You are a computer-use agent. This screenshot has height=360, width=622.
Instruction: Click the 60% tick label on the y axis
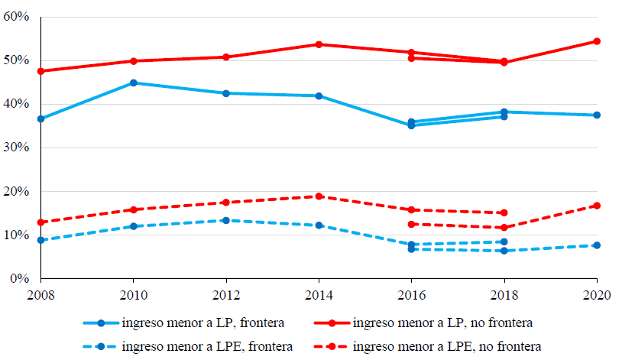click(16, 16)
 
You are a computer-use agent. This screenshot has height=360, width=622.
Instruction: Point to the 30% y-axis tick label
click(16, 148)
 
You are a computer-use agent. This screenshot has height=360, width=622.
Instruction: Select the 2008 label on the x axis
click(40, 294)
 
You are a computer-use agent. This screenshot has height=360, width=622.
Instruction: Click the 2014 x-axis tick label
click(319, 294)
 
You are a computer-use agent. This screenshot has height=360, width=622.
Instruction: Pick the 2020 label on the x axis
click(597, 294)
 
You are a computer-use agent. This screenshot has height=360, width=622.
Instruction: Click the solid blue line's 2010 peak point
click(134, 83)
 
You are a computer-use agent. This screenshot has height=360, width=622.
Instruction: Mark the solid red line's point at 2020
click(597, 41)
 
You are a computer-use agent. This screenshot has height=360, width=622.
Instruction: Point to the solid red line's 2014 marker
click(319, 44)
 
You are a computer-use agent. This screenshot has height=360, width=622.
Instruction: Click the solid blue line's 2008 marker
click(41, 119)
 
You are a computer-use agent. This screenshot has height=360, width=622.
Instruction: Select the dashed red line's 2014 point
click(319, 196)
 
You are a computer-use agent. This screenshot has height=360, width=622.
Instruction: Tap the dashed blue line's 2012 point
click(226, 220)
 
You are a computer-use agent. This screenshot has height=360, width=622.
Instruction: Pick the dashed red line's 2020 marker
click(597, 206)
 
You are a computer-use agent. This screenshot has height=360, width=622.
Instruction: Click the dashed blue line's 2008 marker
click(41, 240)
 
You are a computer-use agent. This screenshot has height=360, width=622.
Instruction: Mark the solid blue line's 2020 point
click(597, 115)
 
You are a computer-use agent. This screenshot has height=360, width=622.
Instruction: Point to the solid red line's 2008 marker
click(41, 71)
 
